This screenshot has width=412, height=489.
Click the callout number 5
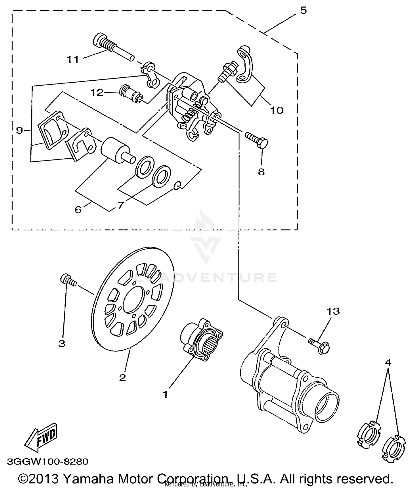coord(303,10)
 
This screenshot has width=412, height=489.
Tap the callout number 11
coord(73,59)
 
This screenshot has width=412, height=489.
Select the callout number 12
coord(97,92)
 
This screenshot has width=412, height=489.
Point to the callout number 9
coord(19,130)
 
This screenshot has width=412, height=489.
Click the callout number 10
coord(277,110)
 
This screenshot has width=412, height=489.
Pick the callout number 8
coord(261,172)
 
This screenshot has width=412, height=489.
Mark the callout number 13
coord(333,311)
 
